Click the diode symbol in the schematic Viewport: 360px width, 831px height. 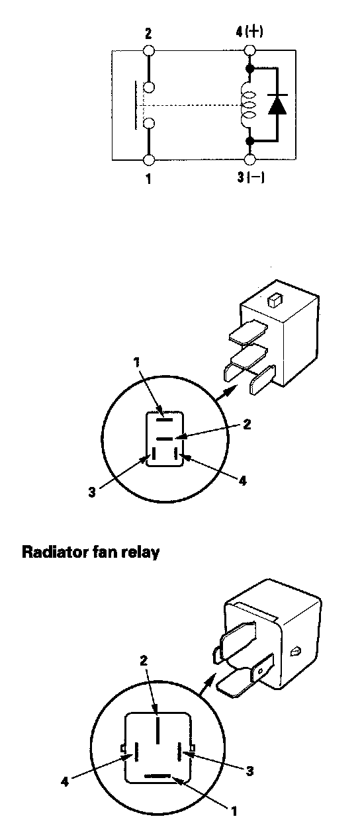(277, 105)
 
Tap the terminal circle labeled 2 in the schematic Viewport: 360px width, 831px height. (148, 50)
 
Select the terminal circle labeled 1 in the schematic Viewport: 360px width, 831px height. (148, 160)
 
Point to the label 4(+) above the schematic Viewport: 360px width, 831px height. (249, 32)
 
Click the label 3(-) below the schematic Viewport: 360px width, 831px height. (251, 177)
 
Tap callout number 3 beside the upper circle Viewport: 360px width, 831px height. (92, 492)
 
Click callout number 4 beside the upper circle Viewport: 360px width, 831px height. (242, 481)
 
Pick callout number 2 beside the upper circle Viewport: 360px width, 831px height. (246, 424)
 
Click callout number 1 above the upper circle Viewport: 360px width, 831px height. (137, 362)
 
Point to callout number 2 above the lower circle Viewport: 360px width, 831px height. (144, 660)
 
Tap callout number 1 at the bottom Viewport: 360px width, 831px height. (234, 812)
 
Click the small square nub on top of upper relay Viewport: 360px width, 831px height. (273, 301)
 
